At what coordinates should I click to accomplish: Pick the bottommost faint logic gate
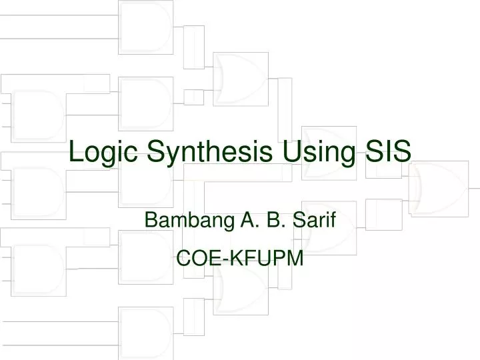pyautogui.click(x=145, y=333)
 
